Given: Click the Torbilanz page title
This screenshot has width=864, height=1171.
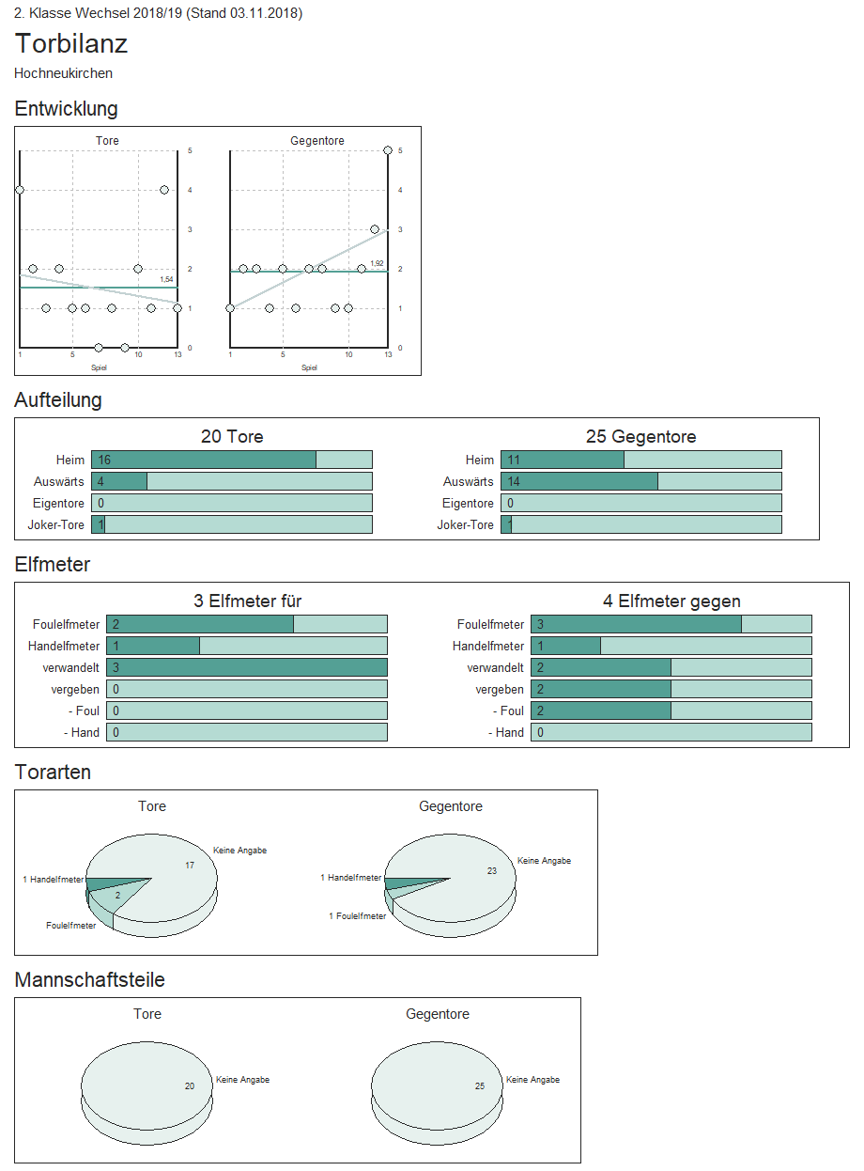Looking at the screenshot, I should point(71,44).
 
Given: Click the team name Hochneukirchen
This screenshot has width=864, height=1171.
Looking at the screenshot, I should point(63,73).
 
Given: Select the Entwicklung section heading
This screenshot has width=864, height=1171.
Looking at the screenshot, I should point(66,109).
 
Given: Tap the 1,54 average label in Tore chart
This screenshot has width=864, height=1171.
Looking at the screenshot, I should point(166,280).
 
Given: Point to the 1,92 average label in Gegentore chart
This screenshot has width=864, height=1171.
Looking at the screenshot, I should point(377,264).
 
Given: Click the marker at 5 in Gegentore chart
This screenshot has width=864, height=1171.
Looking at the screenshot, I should point(388,150).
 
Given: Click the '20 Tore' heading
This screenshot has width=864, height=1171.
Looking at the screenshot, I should point(232,437).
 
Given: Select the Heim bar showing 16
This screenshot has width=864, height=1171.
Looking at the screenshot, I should point(204,460).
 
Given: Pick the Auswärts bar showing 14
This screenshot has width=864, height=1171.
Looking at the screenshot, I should point(579,481).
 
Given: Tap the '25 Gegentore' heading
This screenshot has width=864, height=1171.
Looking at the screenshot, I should point(640,437).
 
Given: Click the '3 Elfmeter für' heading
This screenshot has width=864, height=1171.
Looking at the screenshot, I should point(247,601).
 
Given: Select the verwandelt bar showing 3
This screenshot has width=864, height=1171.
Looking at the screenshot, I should point(246,667).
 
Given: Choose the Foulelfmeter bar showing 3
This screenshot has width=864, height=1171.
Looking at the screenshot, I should point(636,624).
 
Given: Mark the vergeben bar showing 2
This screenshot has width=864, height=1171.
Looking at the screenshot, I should point(601,689).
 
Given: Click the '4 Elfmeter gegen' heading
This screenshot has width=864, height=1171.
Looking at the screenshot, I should point(671,601).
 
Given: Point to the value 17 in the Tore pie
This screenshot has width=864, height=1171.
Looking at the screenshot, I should point(190,866).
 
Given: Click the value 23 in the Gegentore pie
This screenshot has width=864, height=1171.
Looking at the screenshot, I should point(492,871).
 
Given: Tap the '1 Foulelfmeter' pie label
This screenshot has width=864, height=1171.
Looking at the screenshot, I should point(357,916).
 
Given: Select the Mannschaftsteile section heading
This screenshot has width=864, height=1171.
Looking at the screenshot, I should point(90,980).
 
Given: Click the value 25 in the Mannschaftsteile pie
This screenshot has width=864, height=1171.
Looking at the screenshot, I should point(480,1086).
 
